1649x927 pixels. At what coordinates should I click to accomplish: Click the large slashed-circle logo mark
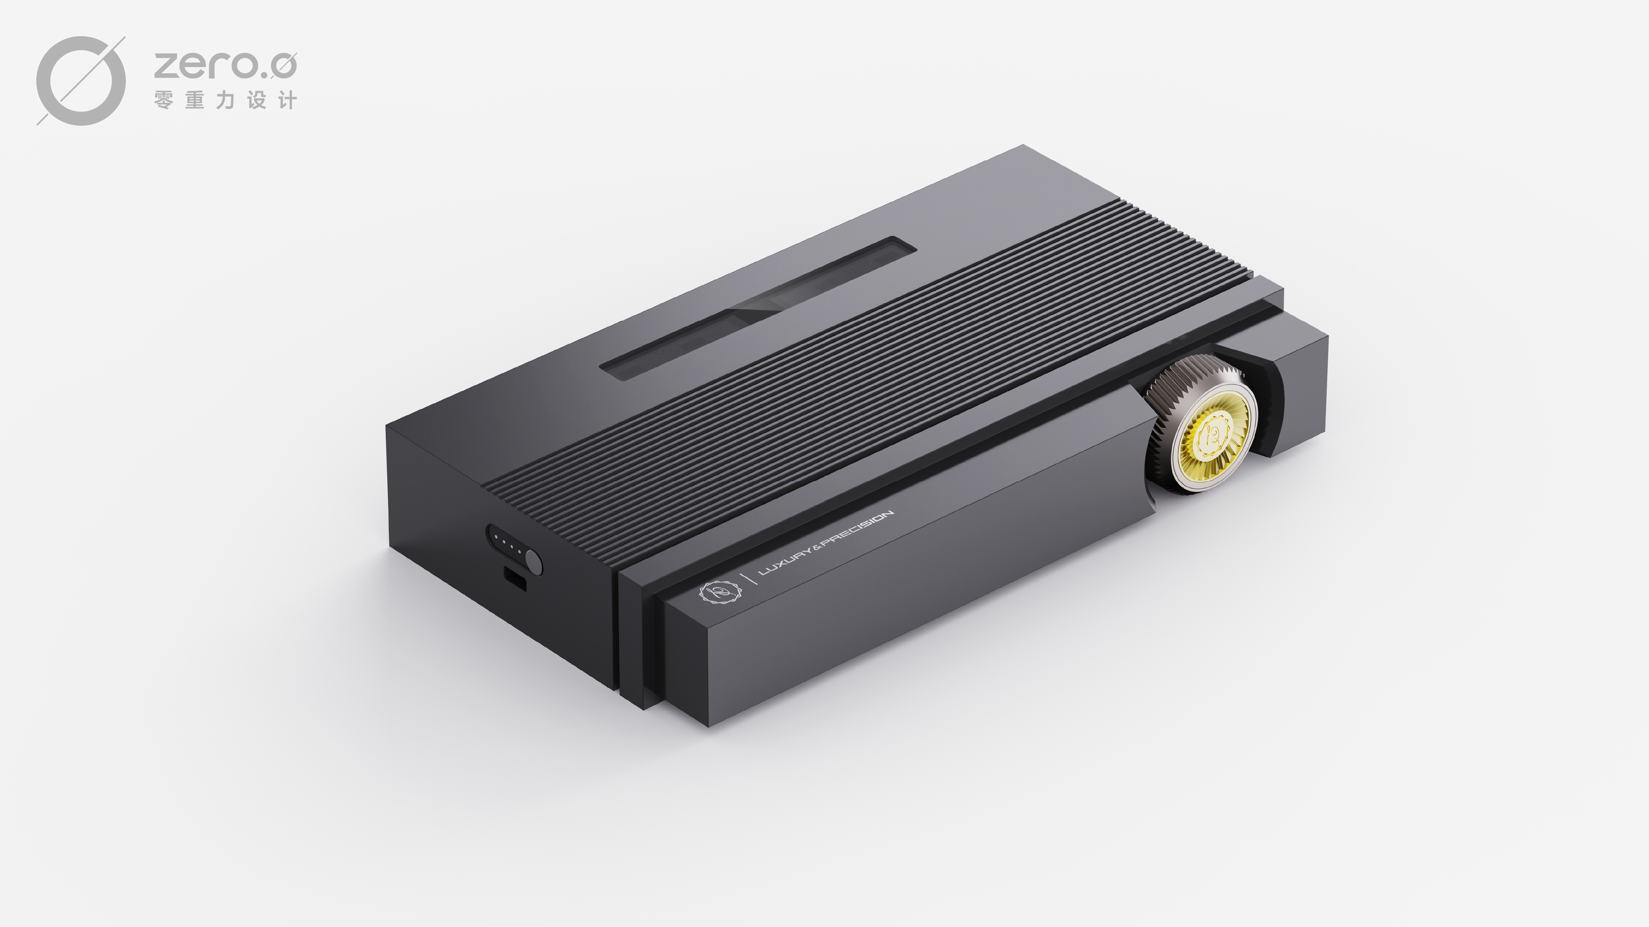coord(81,81)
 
